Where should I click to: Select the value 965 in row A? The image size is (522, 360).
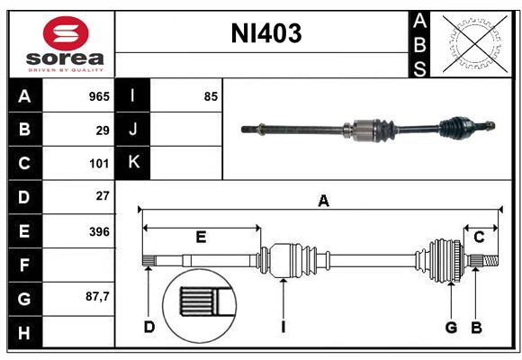[98, 95]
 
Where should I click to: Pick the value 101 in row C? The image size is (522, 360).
[98, 164]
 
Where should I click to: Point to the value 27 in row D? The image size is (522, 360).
[103, 196]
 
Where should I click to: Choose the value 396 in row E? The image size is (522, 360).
[98, 231]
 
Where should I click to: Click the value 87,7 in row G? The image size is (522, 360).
[97, 296]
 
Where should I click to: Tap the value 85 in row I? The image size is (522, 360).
[211, 95]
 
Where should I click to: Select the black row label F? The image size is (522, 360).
[24, 265]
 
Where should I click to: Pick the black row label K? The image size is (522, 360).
[134, 163]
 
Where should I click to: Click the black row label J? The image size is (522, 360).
[134, 130]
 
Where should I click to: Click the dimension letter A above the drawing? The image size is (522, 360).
[323, 202]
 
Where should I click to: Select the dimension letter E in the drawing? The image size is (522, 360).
[201, 238]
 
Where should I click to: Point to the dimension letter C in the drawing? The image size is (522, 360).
[479, 238]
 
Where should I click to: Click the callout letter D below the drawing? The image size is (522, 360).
[149, 327]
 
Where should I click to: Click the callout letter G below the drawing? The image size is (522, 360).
[452, 327]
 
